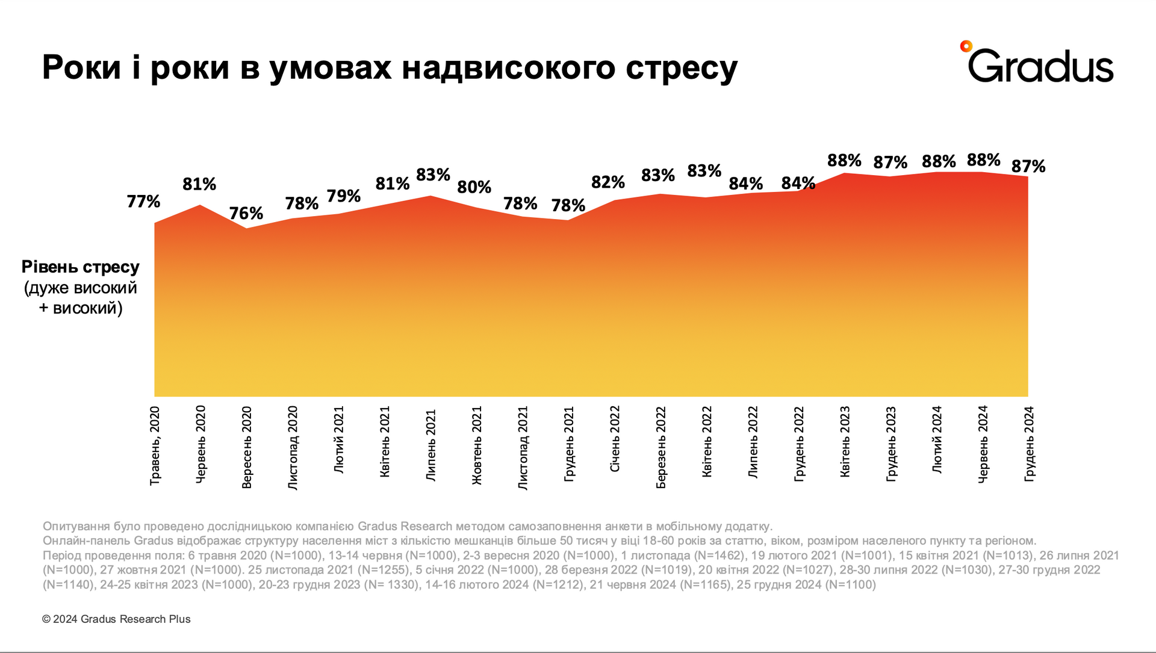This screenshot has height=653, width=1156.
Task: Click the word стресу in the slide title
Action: tap(681, 67)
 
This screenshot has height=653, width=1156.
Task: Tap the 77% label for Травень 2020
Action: tap(143, 201)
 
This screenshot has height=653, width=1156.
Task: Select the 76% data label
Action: tap(246, 213)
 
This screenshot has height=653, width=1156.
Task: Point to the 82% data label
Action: tap(608, 182)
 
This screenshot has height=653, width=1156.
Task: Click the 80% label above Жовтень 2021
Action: tap(474, 187)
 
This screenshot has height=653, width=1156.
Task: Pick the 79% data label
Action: tap(343, 196)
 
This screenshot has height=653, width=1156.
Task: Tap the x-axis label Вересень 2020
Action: tap(246, 447)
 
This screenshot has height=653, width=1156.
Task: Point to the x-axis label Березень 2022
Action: tap(661, 447)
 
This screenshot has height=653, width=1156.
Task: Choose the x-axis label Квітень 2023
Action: tap(845, 441)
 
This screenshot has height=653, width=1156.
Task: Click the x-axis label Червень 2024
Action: tap(983, 444)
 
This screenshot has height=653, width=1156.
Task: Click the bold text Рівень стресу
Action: tap(81, 267)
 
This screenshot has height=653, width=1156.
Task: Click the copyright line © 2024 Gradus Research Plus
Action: tap(116, 619)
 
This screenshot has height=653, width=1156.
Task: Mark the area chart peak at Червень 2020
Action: tap(200, 206)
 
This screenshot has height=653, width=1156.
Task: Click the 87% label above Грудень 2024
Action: tap(1028, 166)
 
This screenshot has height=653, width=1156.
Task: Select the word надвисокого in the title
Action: tap(509, 67)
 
